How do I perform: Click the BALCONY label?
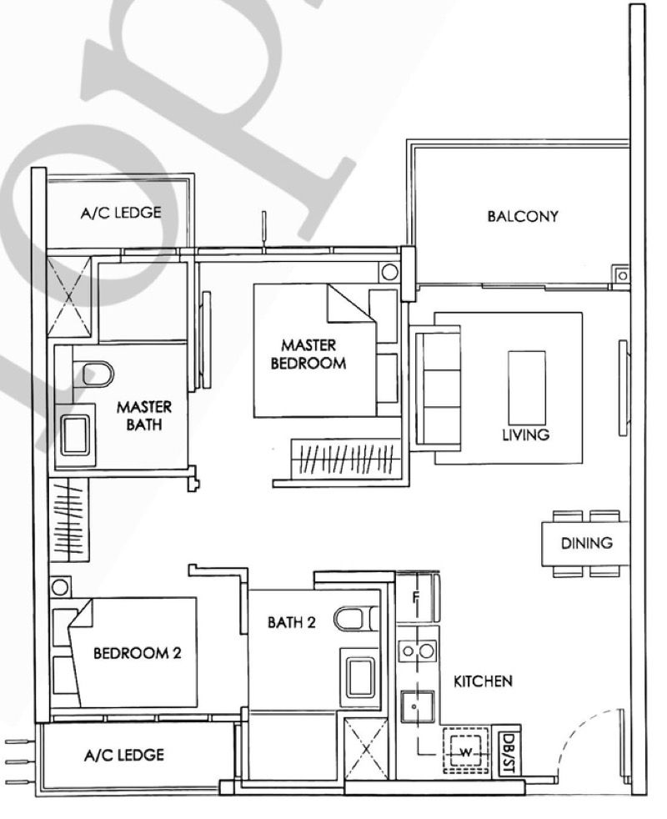[523, 217]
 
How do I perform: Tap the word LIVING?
[525, 435]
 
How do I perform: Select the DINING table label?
[586, 543]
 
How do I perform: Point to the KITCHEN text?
[482, 681]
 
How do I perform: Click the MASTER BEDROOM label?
[313, 354]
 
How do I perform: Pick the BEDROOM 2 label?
[137, 653]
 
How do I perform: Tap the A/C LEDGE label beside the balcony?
[121, 213]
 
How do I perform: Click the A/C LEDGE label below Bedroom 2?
[123, 756]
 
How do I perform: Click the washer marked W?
[465, 753]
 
